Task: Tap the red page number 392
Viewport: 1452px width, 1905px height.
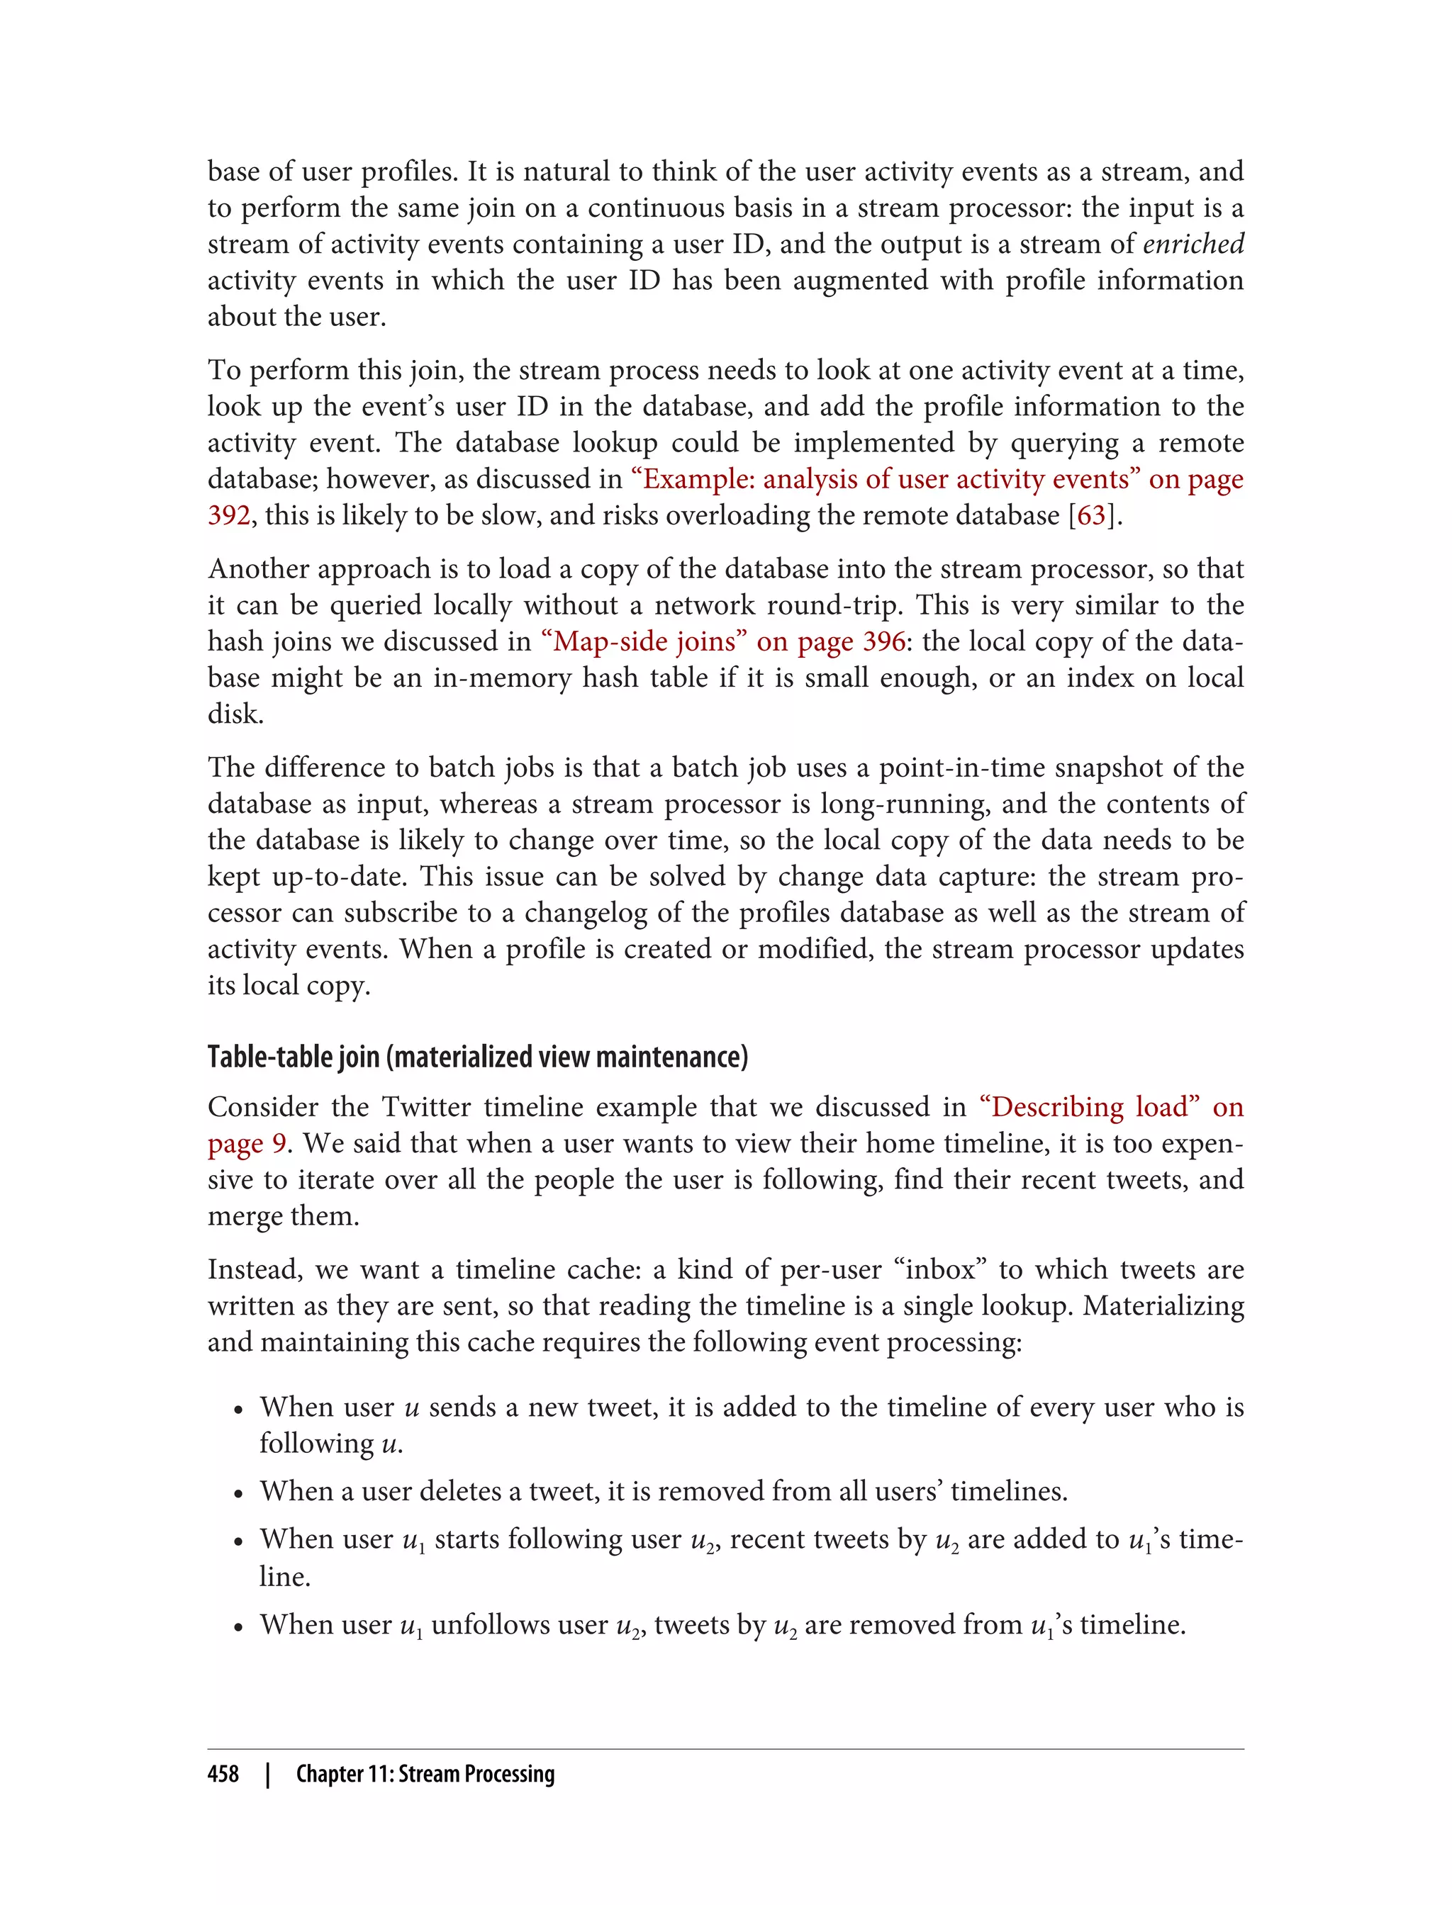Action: (228, 516)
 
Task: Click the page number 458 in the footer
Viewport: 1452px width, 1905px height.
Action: (223, 1774)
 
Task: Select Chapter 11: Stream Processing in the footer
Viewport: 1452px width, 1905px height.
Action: (425, 1774)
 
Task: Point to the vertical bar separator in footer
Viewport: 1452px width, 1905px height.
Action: (268, 1774)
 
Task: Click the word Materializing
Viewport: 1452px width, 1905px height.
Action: (1163, 1305)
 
